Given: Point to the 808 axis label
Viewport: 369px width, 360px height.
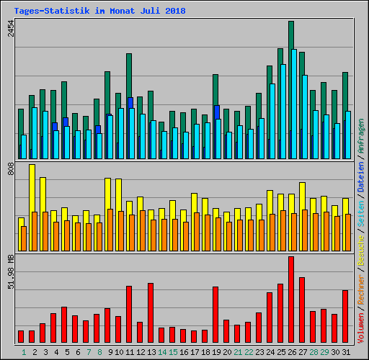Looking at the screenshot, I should (11, 170).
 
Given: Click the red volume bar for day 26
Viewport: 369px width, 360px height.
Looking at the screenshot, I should (291, 299).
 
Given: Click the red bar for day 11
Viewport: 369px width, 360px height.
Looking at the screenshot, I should (129, 314).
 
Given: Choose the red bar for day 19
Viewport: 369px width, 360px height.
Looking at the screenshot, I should (215, 314).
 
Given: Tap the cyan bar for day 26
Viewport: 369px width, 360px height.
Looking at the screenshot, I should (294, 104).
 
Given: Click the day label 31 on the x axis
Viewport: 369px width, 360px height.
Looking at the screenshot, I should (346, 351).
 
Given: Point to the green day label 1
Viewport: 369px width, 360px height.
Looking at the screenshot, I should (24, 351).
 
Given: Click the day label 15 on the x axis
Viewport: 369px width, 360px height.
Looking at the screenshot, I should (173, 351).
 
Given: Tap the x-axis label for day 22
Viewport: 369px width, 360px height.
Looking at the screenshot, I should (249, 351).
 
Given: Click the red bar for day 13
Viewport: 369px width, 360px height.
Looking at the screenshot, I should (151, 312).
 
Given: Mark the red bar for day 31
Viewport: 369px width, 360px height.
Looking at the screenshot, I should (345, 316).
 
